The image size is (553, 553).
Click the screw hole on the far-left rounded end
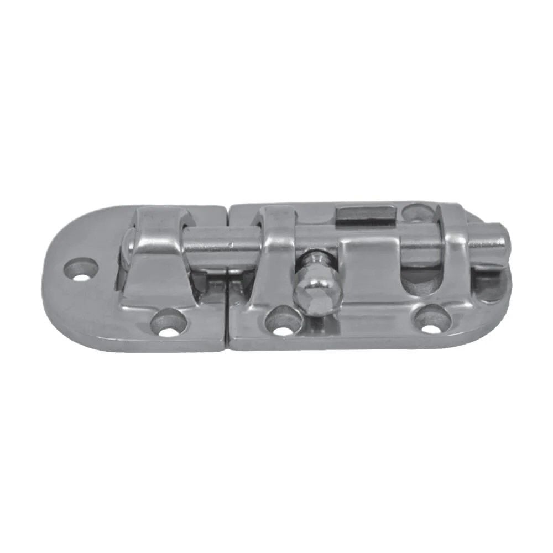click(81, 269)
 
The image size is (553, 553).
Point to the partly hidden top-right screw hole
click(416, 212)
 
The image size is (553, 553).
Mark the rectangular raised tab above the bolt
click(366, 213)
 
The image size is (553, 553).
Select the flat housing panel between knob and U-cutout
click(368, 276)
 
